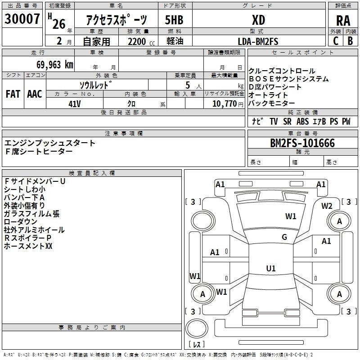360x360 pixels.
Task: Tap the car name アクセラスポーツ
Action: pyautogui.click(x=117, y=20)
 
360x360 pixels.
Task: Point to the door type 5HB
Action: pyautogui.click(x=174, y=20)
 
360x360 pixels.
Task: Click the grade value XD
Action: pyautogui.click(x=258, y=20)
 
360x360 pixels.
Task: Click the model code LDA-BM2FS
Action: pyautogui.click(x=258, y=41)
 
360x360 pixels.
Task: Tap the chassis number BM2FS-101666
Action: pyautogui.click(x=302, y=144)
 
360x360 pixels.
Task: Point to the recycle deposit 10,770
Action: pyautogui.click(x=224, y=103)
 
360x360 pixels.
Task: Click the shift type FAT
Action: pyautogui.click(x=13, y=94)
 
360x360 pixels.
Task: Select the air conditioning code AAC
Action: pyautogui.click(x=34, y=94)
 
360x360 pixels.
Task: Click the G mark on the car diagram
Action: pyautogui.click(x=284, y=237)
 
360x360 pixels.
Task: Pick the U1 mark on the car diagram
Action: pyautogui.click(x=270, y=269)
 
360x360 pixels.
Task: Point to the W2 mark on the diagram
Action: pyautogui.click(x=327, y=206)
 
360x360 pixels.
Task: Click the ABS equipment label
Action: pyautogui.click(x=303, y=121)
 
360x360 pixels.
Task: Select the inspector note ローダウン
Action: pyautogui.click(x=21, y=222)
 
